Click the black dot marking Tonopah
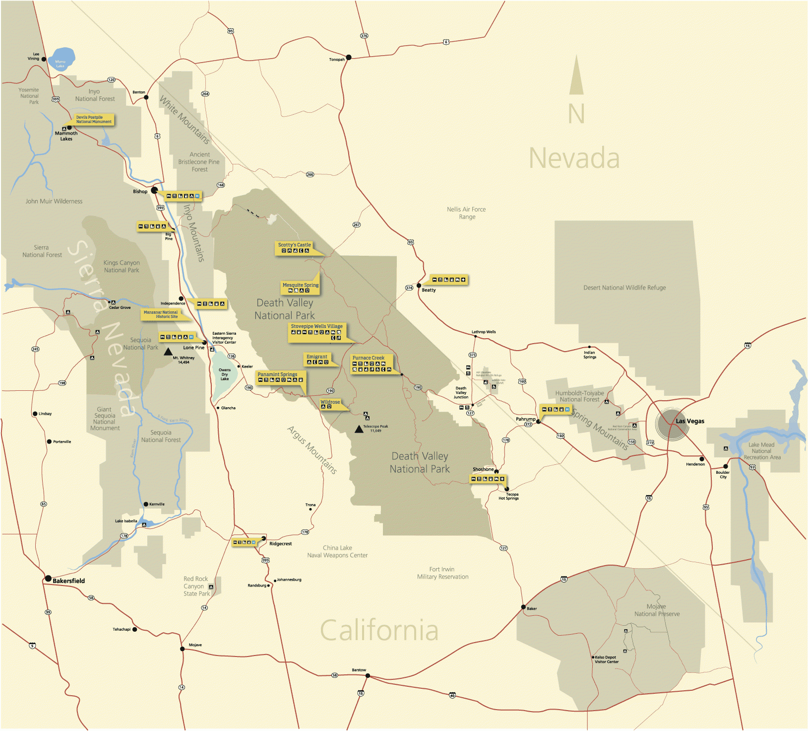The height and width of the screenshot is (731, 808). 349,58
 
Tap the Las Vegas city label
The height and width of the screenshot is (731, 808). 689,421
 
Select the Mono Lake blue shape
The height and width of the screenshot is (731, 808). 62,59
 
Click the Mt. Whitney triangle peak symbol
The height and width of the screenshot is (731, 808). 169,351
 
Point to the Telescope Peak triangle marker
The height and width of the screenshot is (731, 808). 359,429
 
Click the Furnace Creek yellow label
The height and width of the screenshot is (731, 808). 369,358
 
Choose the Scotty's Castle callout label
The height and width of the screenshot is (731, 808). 295,245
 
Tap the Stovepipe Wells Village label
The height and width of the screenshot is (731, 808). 316,326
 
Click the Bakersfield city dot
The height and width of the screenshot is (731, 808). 48,579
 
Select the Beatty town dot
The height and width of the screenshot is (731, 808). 419,286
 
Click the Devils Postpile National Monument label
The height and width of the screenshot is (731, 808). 94,120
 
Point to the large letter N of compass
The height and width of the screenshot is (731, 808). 576,114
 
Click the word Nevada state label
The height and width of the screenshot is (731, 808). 574,158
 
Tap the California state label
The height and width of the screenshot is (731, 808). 379,630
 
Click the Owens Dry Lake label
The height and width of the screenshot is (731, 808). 225,374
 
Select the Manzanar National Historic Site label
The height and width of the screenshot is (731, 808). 161,314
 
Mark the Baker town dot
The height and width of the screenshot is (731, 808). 523,607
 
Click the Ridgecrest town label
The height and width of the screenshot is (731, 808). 280,544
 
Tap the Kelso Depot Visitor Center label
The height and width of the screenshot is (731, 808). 606,659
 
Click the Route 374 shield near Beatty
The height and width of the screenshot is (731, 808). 409,288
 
